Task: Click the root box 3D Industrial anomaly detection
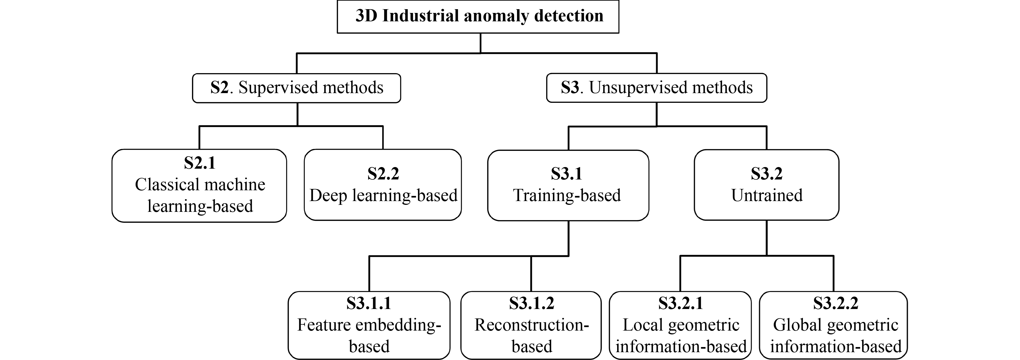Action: click(478, 17)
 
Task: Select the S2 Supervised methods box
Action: click(296, 88)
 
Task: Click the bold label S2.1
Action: click(200, 163)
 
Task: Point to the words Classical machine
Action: click(200, 185)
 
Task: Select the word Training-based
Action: click(567, 195)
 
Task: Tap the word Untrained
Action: click(767, 195)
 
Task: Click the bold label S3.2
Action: click(767, 174)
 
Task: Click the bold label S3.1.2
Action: click(531, 303)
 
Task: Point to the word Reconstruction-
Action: click(531, 325)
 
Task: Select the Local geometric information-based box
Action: click(680, 325)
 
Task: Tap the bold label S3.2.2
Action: click(835, 303)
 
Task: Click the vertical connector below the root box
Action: click(480, 43)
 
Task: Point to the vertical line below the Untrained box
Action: click(767, 238)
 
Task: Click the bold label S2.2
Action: click(383, 174)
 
